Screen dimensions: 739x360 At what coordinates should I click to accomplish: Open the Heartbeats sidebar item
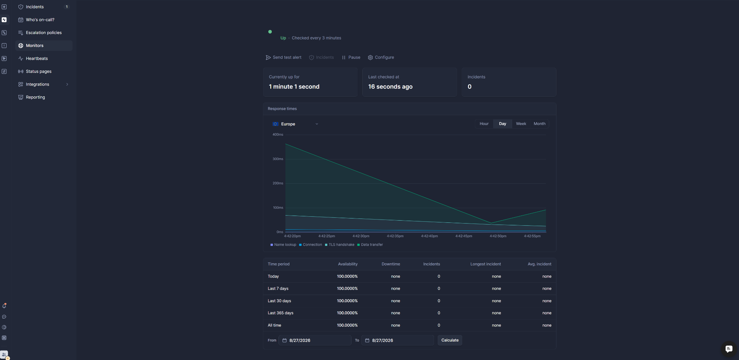(36, 58)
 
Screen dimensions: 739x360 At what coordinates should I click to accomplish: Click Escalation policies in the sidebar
(44, 32)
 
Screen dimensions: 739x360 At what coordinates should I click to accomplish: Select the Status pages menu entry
(39, 71)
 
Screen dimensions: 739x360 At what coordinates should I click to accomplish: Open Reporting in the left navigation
(35, 97)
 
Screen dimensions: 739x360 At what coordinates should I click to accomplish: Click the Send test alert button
(284, 57)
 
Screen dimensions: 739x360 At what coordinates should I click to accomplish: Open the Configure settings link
(381, 57)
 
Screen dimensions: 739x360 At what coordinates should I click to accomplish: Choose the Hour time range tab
(484, 124)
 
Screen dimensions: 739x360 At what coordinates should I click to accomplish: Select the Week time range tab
(521, 124)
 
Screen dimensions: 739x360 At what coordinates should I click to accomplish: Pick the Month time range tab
(539, 124)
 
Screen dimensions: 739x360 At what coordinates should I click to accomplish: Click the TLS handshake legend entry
(340, 245)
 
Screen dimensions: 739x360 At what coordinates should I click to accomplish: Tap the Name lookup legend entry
(283, 245)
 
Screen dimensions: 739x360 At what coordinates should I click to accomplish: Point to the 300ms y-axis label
(278, 159)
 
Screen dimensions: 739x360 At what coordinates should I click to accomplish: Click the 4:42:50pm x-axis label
(498, 236)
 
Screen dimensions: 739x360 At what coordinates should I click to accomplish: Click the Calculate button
(450, 340)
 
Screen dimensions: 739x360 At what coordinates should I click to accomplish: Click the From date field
(315, 340)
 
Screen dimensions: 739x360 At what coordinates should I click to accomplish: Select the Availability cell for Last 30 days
(347, 301)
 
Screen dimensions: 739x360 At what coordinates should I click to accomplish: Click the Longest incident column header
(485, 264)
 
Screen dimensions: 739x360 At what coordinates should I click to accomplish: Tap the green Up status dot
(270, 32)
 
